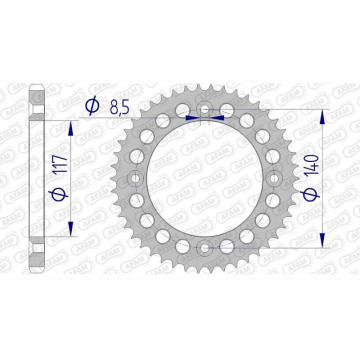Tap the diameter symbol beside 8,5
[x=92, y=106]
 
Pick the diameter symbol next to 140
[x=311, y=194]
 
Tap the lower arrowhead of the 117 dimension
[x=71, y=227]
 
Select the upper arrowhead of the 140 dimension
[x=323, y=118]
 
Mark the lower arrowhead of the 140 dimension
[x=323, y=238]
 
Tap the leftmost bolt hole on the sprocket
[x=135, y=178]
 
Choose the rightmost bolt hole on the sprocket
[x=274, y=178]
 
